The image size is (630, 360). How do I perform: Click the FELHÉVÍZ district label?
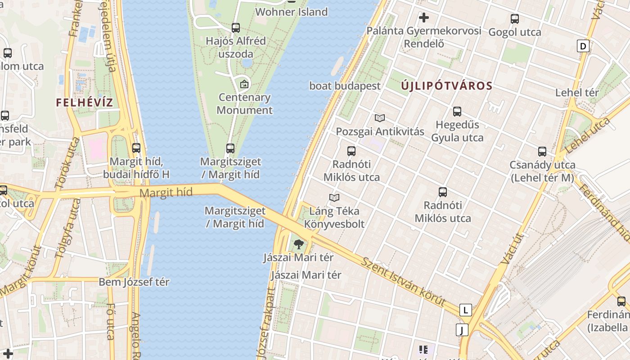click(85, 102)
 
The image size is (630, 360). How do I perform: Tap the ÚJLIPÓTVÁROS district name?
click(446, 85)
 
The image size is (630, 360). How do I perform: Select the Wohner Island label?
click(291, 12)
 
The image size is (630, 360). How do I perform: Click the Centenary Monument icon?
click(244, 84)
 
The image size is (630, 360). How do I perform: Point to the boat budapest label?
click(345, 85)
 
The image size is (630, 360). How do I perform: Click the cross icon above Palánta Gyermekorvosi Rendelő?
click(423, 18)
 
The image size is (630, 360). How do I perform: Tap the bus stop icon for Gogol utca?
click(515, 19)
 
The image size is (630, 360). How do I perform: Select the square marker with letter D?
click(583, 46)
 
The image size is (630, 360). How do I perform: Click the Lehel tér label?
click(577, 93)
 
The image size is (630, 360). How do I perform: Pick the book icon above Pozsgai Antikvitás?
click(380, 118)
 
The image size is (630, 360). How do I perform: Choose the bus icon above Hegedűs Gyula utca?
click(457, 111)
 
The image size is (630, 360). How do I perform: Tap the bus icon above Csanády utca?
click(542, 152)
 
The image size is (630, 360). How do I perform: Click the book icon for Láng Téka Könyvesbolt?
click(334, 198)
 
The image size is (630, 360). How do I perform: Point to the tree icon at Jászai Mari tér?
click(298, 244)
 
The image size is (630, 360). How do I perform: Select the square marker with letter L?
click(465, 310)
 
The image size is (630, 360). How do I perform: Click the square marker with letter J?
click(462, 330)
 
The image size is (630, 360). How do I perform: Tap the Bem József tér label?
click(134, 282)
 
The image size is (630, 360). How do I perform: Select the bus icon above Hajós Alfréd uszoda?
click(236, 28)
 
